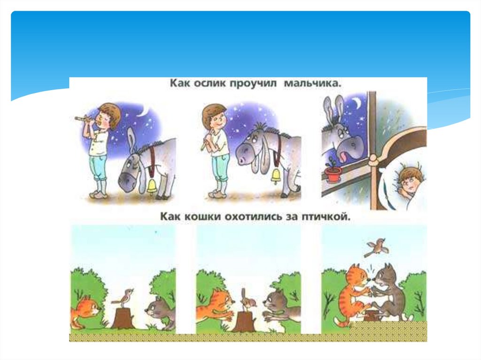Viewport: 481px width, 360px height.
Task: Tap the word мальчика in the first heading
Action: tap(313, 84)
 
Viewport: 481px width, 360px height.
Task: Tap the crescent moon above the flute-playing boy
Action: tap(142, 112)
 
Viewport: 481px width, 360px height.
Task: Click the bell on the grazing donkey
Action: tap(152, 186)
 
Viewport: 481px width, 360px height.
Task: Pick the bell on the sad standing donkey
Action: tap(276, 176)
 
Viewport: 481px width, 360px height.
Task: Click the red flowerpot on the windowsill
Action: tap(333, 174)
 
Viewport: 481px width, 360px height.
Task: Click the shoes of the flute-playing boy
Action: tap(99, 195)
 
